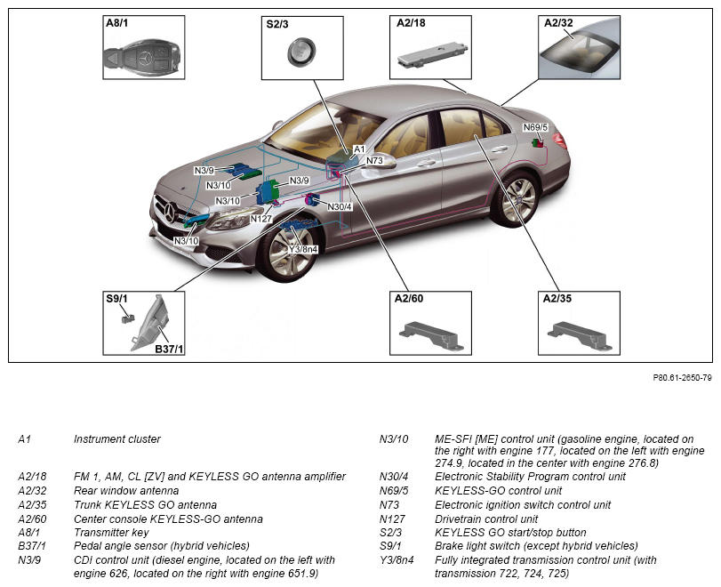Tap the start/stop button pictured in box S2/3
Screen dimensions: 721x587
301,52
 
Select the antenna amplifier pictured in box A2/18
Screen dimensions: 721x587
433,56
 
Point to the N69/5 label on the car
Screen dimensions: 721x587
536,127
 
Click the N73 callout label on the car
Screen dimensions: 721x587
375,161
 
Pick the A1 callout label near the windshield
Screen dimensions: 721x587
359,149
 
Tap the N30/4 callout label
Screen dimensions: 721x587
340,207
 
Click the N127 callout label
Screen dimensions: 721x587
261,219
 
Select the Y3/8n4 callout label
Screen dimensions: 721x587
303,249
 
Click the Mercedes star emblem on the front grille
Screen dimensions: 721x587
170,213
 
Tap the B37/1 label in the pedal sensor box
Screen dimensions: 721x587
169,349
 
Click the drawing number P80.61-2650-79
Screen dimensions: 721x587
683,378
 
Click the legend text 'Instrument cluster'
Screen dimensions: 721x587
117,438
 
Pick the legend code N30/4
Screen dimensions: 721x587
394,477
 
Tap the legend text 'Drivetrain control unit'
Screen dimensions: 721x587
486,519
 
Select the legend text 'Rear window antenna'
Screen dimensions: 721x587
126,490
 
